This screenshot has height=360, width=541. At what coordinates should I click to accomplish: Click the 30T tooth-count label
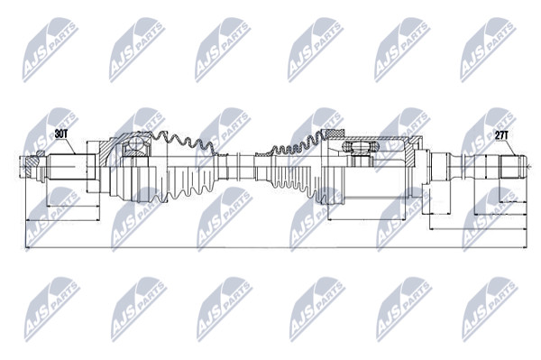[61, 134]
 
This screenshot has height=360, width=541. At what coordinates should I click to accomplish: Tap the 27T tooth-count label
[501, 135]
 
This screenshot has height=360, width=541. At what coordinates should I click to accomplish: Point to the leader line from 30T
[71, 146]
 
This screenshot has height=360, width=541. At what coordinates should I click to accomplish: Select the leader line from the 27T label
[511, 148]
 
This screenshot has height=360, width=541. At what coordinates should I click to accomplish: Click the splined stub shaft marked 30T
[71, 167]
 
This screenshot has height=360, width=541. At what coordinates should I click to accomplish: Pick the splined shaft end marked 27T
[513, 167]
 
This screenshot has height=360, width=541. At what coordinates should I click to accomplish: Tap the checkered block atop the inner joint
[334, 134]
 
